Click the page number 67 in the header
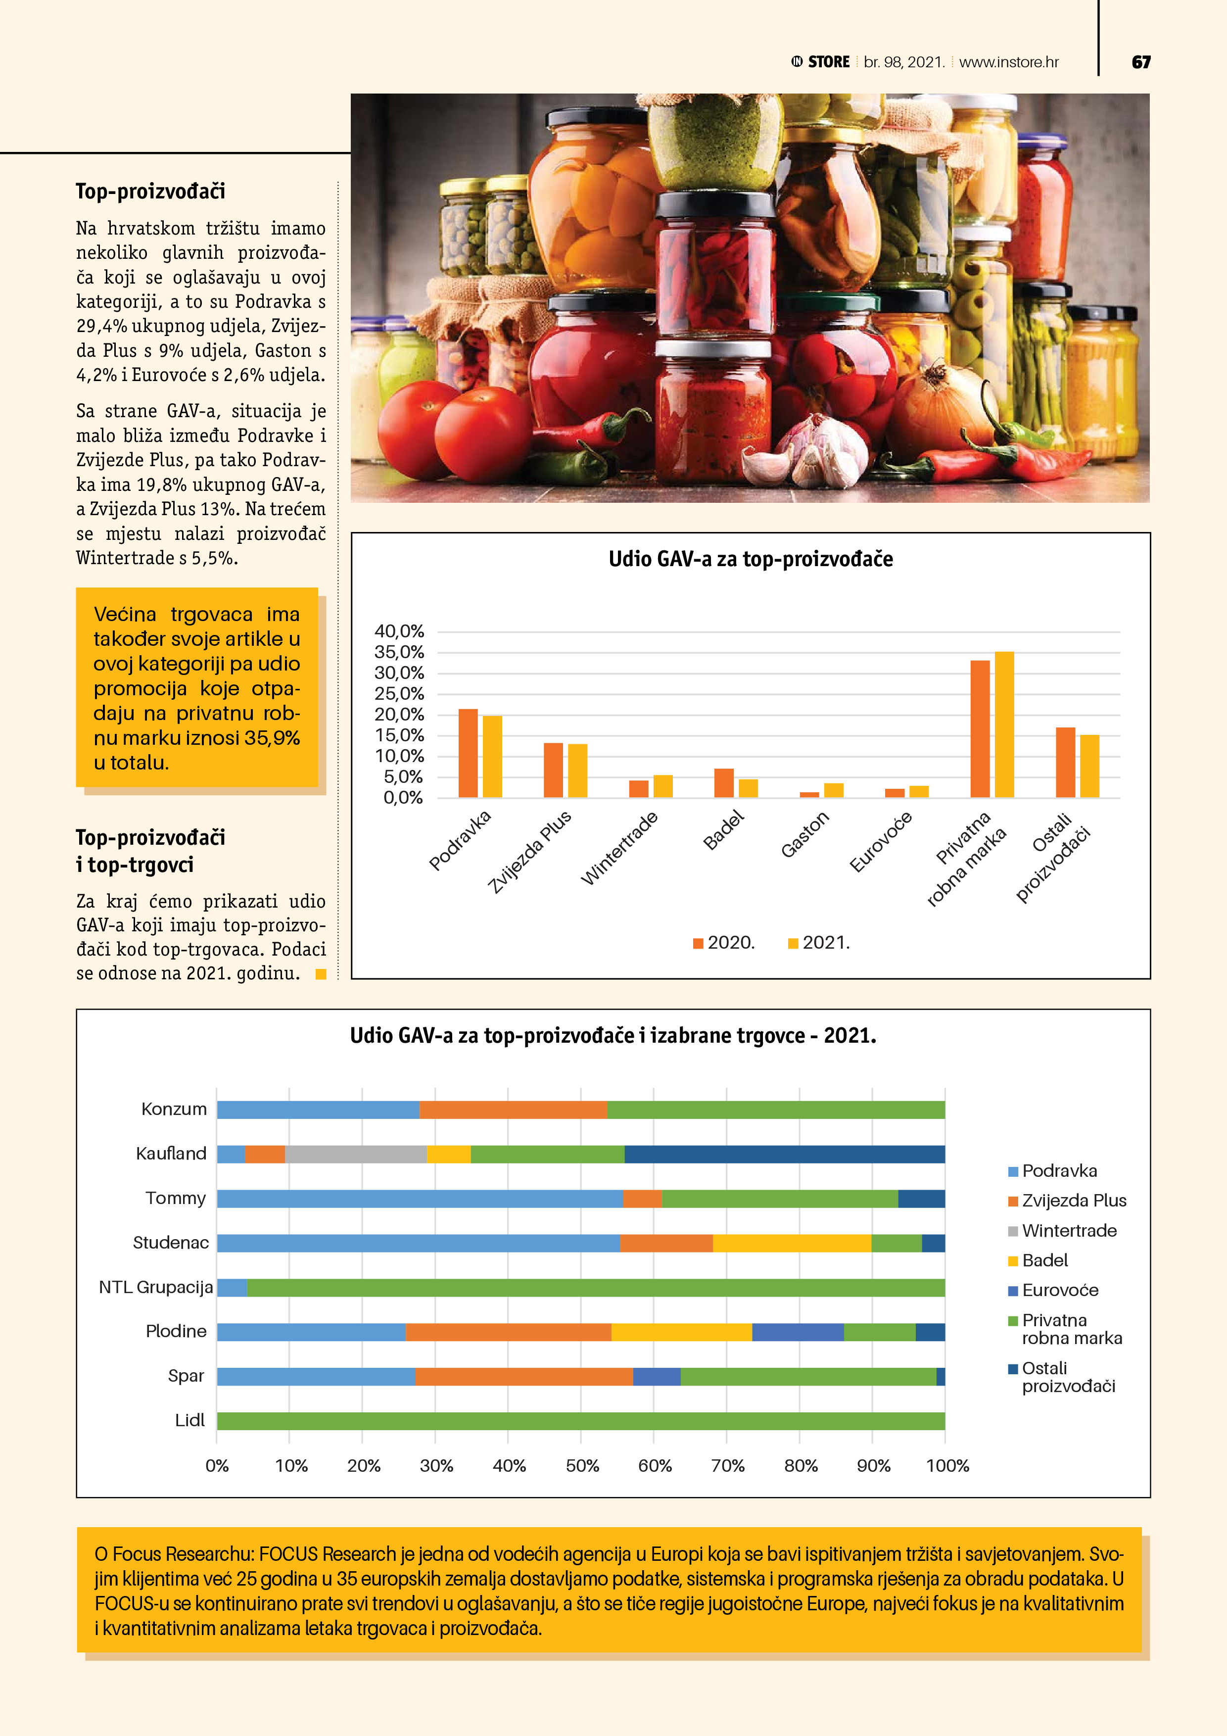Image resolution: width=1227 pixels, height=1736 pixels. pos(1141,62)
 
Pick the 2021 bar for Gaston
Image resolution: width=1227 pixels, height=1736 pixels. pos(833,790)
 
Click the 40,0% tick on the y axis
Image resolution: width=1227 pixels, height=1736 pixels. pos(399,630)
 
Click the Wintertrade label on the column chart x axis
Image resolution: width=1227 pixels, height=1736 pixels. pos(620,848)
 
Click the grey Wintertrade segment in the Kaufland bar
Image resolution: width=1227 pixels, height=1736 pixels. pos(355,1154)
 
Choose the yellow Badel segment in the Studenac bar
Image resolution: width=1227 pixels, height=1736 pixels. pos(792,1243)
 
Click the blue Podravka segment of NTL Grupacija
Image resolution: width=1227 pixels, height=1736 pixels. pos(232,1288)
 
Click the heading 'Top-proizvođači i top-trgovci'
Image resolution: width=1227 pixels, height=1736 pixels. pos(150,851)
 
